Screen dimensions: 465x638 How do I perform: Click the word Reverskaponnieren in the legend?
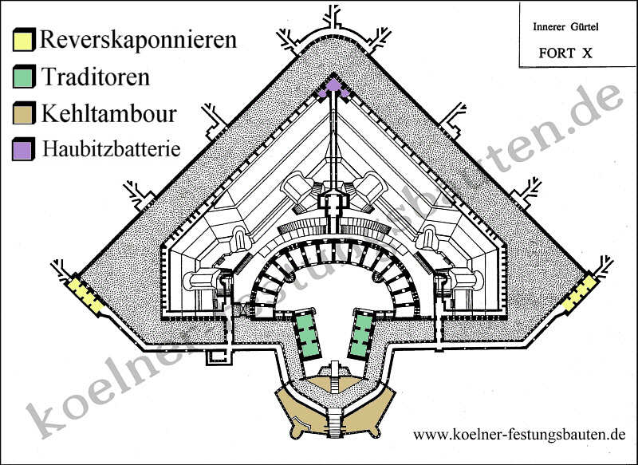[x=137, y=40]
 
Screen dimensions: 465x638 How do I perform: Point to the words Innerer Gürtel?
[x=565, y=27]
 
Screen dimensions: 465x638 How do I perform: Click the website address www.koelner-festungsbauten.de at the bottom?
[x=518, y=435]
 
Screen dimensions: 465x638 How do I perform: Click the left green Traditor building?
[x=307, y=334]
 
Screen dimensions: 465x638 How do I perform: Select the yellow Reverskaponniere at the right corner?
[x=580, y=293]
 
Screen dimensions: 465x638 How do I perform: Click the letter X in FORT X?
[x=588, y=55]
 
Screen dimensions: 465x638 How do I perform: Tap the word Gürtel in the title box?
[x=583, y=27]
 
